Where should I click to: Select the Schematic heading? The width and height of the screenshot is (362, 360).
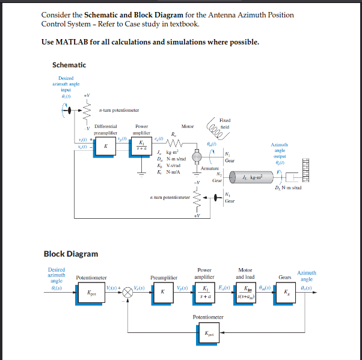(69, 65)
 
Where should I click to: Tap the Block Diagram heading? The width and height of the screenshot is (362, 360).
(70, 254)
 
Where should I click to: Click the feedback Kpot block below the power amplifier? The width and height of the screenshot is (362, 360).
(209, 331)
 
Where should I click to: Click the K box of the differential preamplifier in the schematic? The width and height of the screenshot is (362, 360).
(105, 145)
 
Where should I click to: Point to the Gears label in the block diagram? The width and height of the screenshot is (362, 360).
(285, 277)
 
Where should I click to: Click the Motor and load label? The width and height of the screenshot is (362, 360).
(245, 273)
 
